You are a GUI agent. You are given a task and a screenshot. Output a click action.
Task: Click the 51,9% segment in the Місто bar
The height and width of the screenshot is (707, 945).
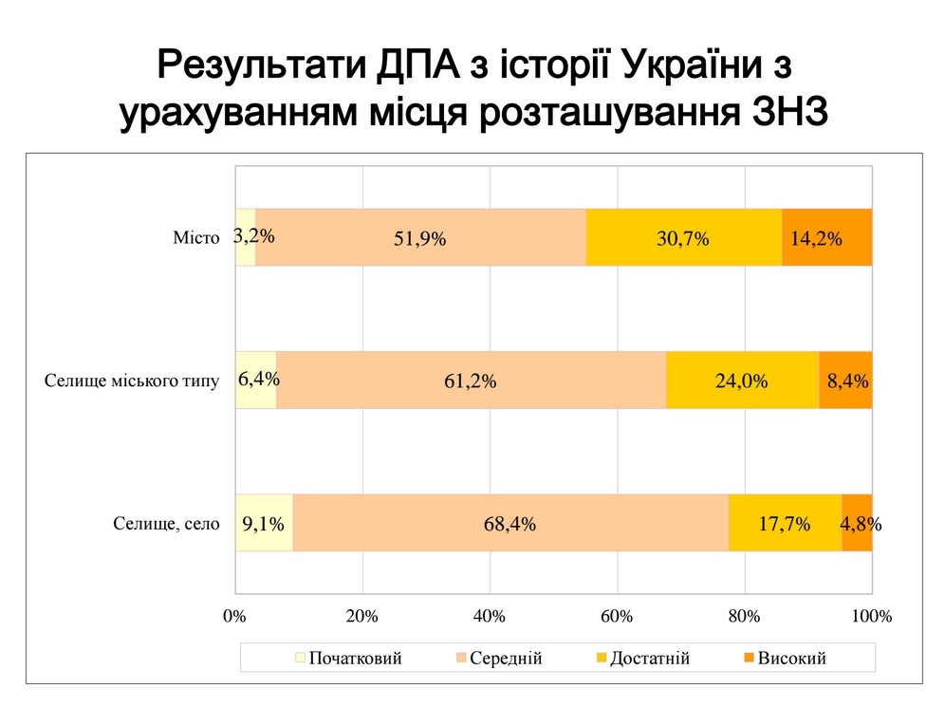(420, 237)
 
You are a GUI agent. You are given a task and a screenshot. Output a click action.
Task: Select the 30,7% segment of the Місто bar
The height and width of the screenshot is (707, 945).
(684, 237)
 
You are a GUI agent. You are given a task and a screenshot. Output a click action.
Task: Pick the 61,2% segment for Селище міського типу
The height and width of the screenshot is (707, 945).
(471, 381)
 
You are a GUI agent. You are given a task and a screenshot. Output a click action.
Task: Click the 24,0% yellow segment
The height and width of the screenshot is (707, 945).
(742, 381)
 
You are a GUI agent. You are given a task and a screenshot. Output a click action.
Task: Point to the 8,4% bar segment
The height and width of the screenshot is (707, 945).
(845, 381)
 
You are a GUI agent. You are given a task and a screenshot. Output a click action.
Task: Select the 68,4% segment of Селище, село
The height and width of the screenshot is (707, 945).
(510, 523)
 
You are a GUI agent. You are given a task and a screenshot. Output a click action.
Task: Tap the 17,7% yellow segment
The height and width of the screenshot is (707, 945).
(785, 523)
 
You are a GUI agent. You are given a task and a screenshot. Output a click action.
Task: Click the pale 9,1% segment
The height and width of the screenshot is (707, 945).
(264, 523)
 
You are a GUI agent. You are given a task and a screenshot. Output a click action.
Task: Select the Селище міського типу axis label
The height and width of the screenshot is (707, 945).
(132, 381)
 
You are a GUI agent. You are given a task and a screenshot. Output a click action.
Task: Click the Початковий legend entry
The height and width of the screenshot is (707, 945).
(349, 658)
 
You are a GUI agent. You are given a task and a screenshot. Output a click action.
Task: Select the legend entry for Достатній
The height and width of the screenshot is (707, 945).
(641, 658)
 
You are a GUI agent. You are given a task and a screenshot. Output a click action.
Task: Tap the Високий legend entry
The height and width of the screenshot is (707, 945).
(784, 658)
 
